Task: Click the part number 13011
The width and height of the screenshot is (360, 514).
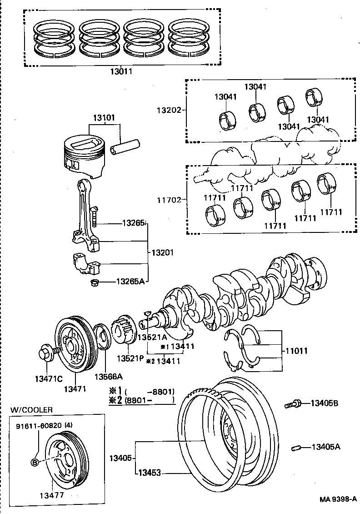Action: [121, 71]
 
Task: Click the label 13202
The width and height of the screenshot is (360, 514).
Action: [169, 110]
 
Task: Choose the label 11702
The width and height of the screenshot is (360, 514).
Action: [169, 199]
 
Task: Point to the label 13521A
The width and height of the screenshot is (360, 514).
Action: [152, 338]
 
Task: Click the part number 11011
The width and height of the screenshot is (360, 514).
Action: [297, 351]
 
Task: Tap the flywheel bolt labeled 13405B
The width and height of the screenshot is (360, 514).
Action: [293, 403]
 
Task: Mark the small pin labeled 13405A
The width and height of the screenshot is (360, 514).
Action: [295, 447]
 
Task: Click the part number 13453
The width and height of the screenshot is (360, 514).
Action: [150, 473]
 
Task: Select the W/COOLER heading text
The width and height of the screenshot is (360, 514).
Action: [31, 410]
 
